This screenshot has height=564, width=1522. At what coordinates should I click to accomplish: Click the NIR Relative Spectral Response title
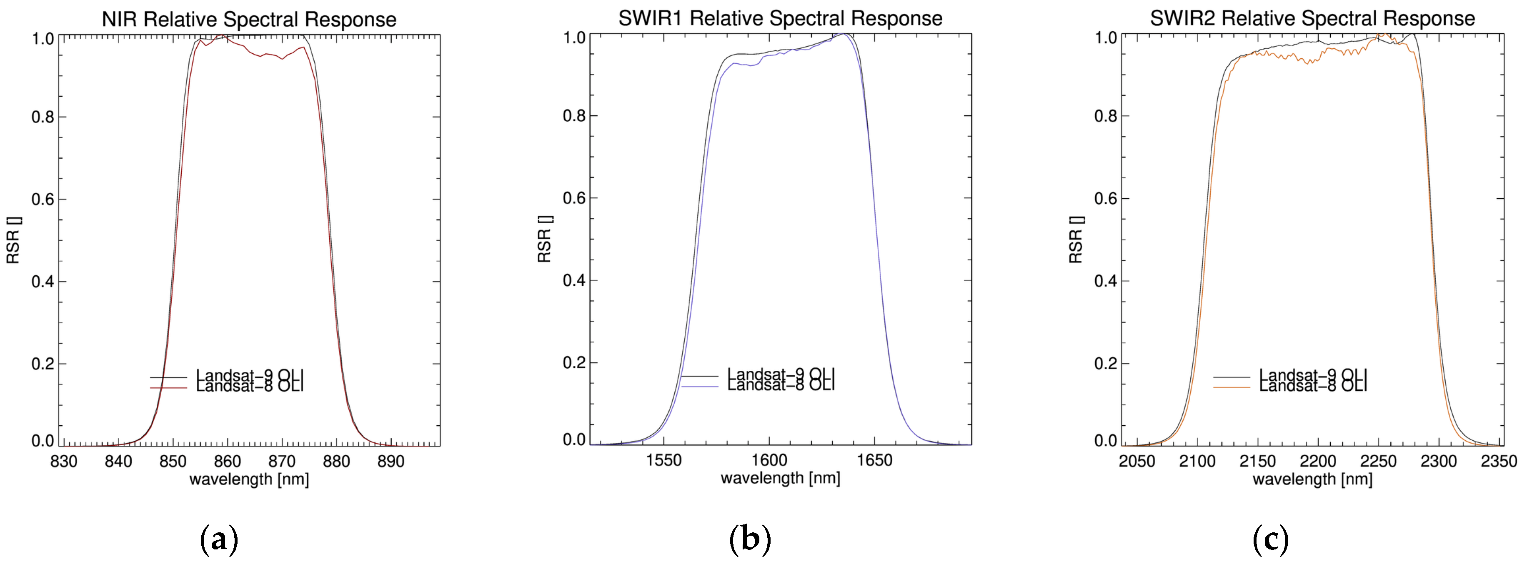point(249,20)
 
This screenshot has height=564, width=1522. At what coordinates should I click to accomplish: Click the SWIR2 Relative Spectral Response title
point(1312,18)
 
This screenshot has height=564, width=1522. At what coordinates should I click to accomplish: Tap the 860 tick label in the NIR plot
point(227,461)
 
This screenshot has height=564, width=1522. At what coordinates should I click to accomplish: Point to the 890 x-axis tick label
point(391,461)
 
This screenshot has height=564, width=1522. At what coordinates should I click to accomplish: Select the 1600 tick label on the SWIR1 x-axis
point(769,459)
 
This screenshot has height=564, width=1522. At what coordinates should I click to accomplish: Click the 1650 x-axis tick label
point(874,459)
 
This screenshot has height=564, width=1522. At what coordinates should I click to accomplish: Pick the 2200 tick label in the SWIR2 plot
point(1317,461)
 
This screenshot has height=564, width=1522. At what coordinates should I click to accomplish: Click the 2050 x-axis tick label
point(1137,461)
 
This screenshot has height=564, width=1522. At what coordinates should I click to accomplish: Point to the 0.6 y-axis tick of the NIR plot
point(43,200)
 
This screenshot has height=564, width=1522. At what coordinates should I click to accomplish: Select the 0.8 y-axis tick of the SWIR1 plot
point(574,116)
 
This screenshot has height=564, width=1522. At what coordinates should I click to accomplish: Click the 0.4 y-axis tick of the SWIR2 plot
point(1106,281)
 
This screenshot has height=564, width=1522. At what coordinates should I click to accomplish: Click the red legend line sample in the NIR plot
point(168,387)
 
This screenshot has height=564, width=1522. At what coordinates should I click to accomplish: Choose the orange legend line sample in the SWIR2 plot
point(1232,387)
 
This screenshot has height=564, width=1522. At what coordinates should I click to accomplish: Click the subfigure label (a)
point(219,539)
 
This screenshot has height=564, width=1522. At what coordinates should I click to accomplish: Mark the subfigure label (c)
point(1270,539)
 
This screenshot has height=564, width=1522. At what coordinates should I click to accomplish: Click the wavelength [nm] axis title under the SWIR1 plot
point(780,478)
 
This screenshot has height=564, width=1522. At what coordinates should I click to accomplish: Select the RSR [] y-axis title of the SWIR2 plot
point(1076,239)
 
